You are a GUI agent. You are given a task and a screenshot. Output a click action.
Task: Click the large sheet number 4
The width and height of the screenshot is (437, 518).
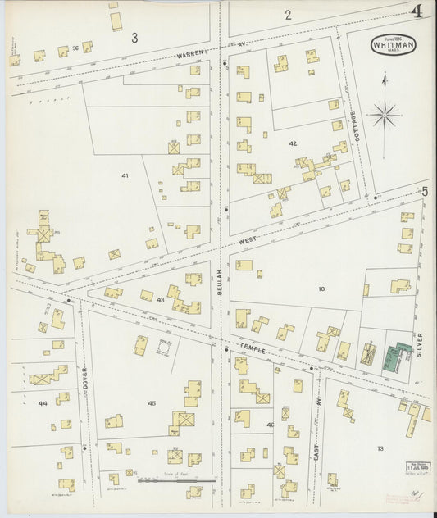(418, 11)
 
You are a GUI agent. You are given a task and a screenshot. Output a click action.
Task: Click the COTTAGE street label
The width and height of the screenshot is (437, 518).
(354, 125)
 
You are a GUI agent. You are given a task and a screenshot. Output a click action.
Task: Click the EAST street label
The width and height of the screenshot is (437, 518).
(315, 446)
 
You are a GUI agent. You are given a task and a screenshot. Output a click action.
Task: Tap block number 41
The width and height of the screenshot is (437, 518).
(125, 175)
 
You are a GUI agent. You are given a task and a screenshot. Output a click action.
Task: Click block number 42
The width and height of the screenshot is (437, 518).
(293, 143)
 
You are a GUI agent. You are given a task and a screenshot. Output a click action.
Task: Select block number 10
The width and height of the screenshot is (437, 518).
(321, 288)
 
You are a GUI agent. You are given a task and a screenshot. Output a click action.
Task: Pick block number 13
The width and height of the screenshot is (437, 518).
(380, 448)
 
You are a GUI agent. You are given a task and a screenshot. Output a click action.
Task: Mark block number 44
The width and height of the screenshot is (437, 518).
(42, 404)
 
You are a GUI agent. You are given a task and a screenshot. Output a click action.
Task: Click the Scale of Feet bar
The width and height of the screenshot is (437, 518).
(188, 481)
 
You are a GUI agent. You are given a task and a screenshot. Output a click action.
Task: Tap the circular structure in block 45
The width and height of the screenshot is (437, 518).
(163, 348)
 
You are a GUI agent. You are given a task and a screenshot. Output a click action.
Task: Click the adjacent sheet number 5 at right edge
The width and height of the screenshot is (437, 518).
(425, 191)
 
